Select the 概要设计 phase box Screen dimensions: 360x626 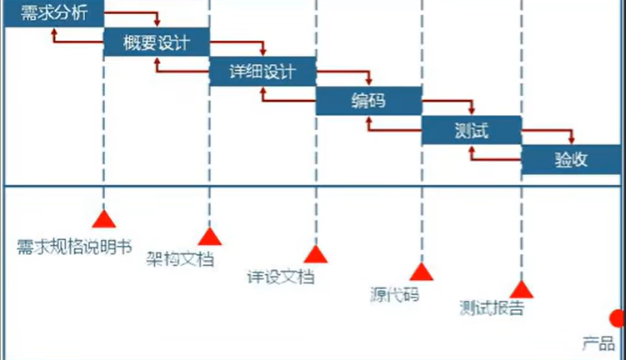[x=156, y=42]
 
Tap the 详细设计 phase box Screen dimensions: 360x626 [x=262, y=72]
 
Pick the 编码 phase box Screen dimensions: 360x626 [x=368, y=101]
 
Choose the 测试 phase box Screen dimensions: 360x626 [x=471, y=130]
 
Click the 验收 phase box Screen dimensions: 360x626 [x=571, y=159]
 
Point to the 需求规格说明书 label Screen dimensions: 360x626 [x=74, y=247]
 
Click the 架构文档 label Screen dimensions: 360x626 [x=180, y=258]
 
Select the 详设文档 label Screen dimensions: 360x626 [x=282, y=276]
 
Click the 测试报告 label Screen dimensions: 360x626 [x=493, y=307]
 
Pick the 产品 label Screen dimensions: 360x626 [x=598, y=342]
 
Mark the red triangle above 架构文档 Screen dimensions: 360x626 [x=209, y=236]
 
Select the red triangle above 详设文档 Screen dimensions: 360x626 [x=315, y=253]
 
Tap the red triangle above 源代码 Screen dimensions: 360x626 [x=421, y=271]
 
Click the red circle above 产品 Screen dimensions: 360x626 [x=618, y=317]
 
